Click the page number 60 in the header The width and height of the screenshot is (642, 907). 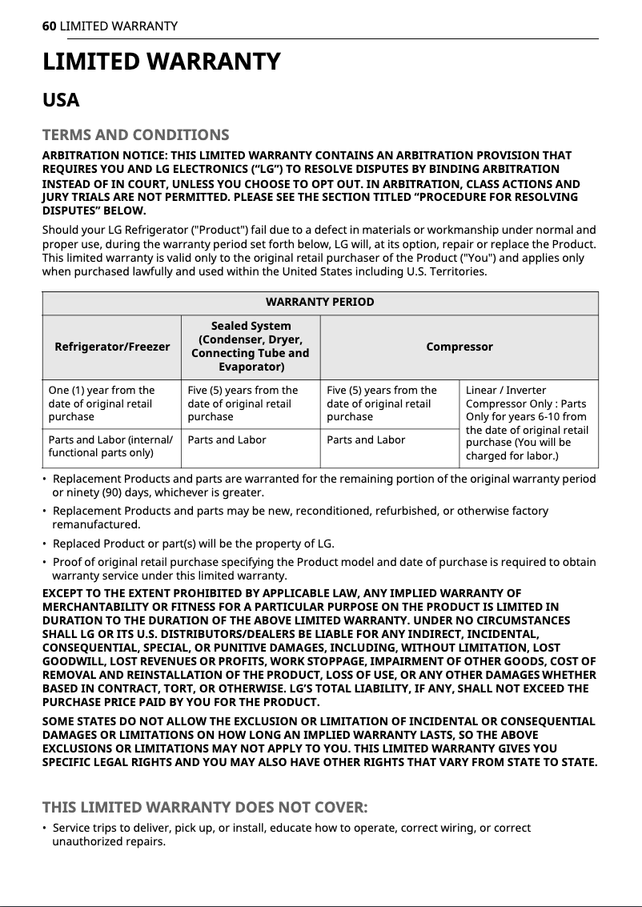point(49,26)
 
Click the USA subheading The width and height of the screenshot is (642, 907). point(61,101)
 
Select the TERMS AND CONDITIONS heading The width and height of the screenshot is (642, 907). point(135,134)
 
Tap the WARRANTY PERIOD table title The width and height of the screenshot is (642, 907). point(319,302)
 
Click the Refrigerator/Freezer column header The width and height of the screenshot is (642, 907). point(112,347)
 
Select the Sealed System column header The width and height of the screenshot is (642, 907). point(251,346)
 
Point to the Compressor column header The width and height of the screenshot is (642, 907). point(459,347)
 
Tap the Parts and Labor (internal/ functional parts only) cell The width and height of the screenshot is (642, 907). point(110,447)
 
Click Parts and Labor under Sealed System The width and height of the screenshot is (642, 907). point(227,439)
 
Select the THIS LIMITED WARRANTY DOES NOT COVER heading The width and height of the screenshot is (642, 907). point(205,805)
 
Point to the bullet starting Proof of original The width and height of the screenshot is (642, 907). point(320,568)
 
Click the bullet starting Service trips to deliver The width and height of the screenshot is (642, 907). point(288,834)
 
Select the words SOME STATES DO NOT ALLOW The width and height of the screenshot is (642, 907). point(128,721)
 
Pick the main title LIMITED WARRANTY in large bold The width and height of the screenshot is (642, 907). point(161,62)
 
